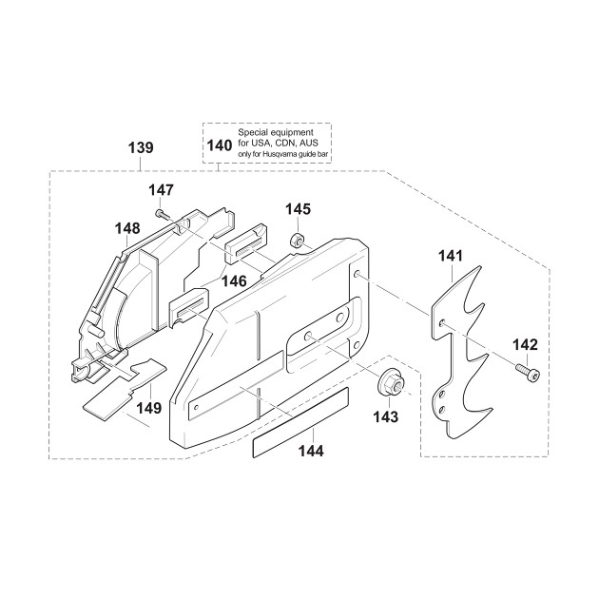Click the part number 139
pyautogui.click(x=141, y=147)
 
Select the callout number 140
pyautogui.click(x=220, y=145)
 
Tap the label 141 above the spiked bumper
pyautogui.click(x=451, y=256)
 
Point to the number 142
pyautogui.click(x=525, y=345)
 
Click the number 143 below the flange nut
pyautogui.click(x=385, y=416)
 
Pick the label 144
pyautogui.click(x=311, y=452)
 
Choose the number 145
pyautogui.click(x=298, y=209)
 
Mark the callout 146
pyautogui.click(x=234, y=281)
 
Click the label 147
pyautogui.click(x=161, y=190)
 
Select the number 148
pyautogui.click(x=127, y=229)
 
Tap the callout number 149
pyautogui.click(x=149, y=408)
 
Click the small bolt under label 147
pyautogui.click(x=162, y=214)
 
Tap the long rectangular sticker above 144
pyautogui.click(x=300, y=422)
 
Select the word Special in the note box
pyautogui.click(x=251, y=133)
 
